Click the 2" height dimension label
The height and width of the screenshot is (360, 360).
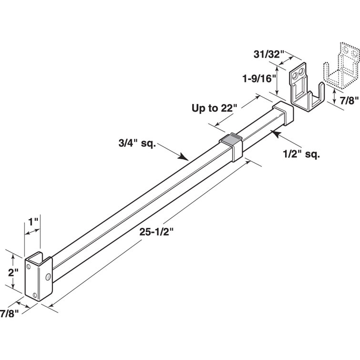[13, 273]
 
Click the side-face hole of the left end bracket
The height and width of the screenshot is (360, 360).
[48, 277]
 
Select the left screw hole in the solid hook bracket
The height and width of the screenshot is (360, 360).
[296, 73]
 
